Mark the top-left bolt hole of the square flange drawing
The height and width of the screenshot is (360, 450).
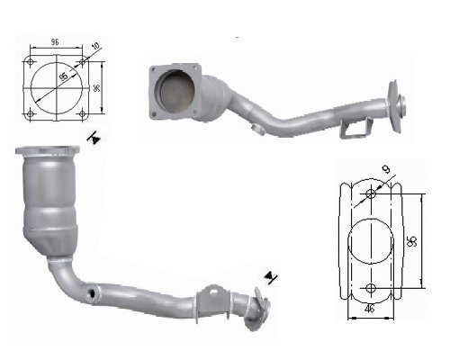31,63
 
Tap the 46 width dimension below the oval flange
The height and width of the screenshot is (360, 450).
371,310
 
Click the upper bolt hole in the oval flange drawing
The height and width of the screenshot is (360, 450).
372,193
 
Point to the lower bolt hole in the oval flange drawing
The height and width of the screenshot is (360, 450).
372,287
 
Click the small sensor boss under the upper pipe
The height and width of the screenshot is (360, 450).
257,133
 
